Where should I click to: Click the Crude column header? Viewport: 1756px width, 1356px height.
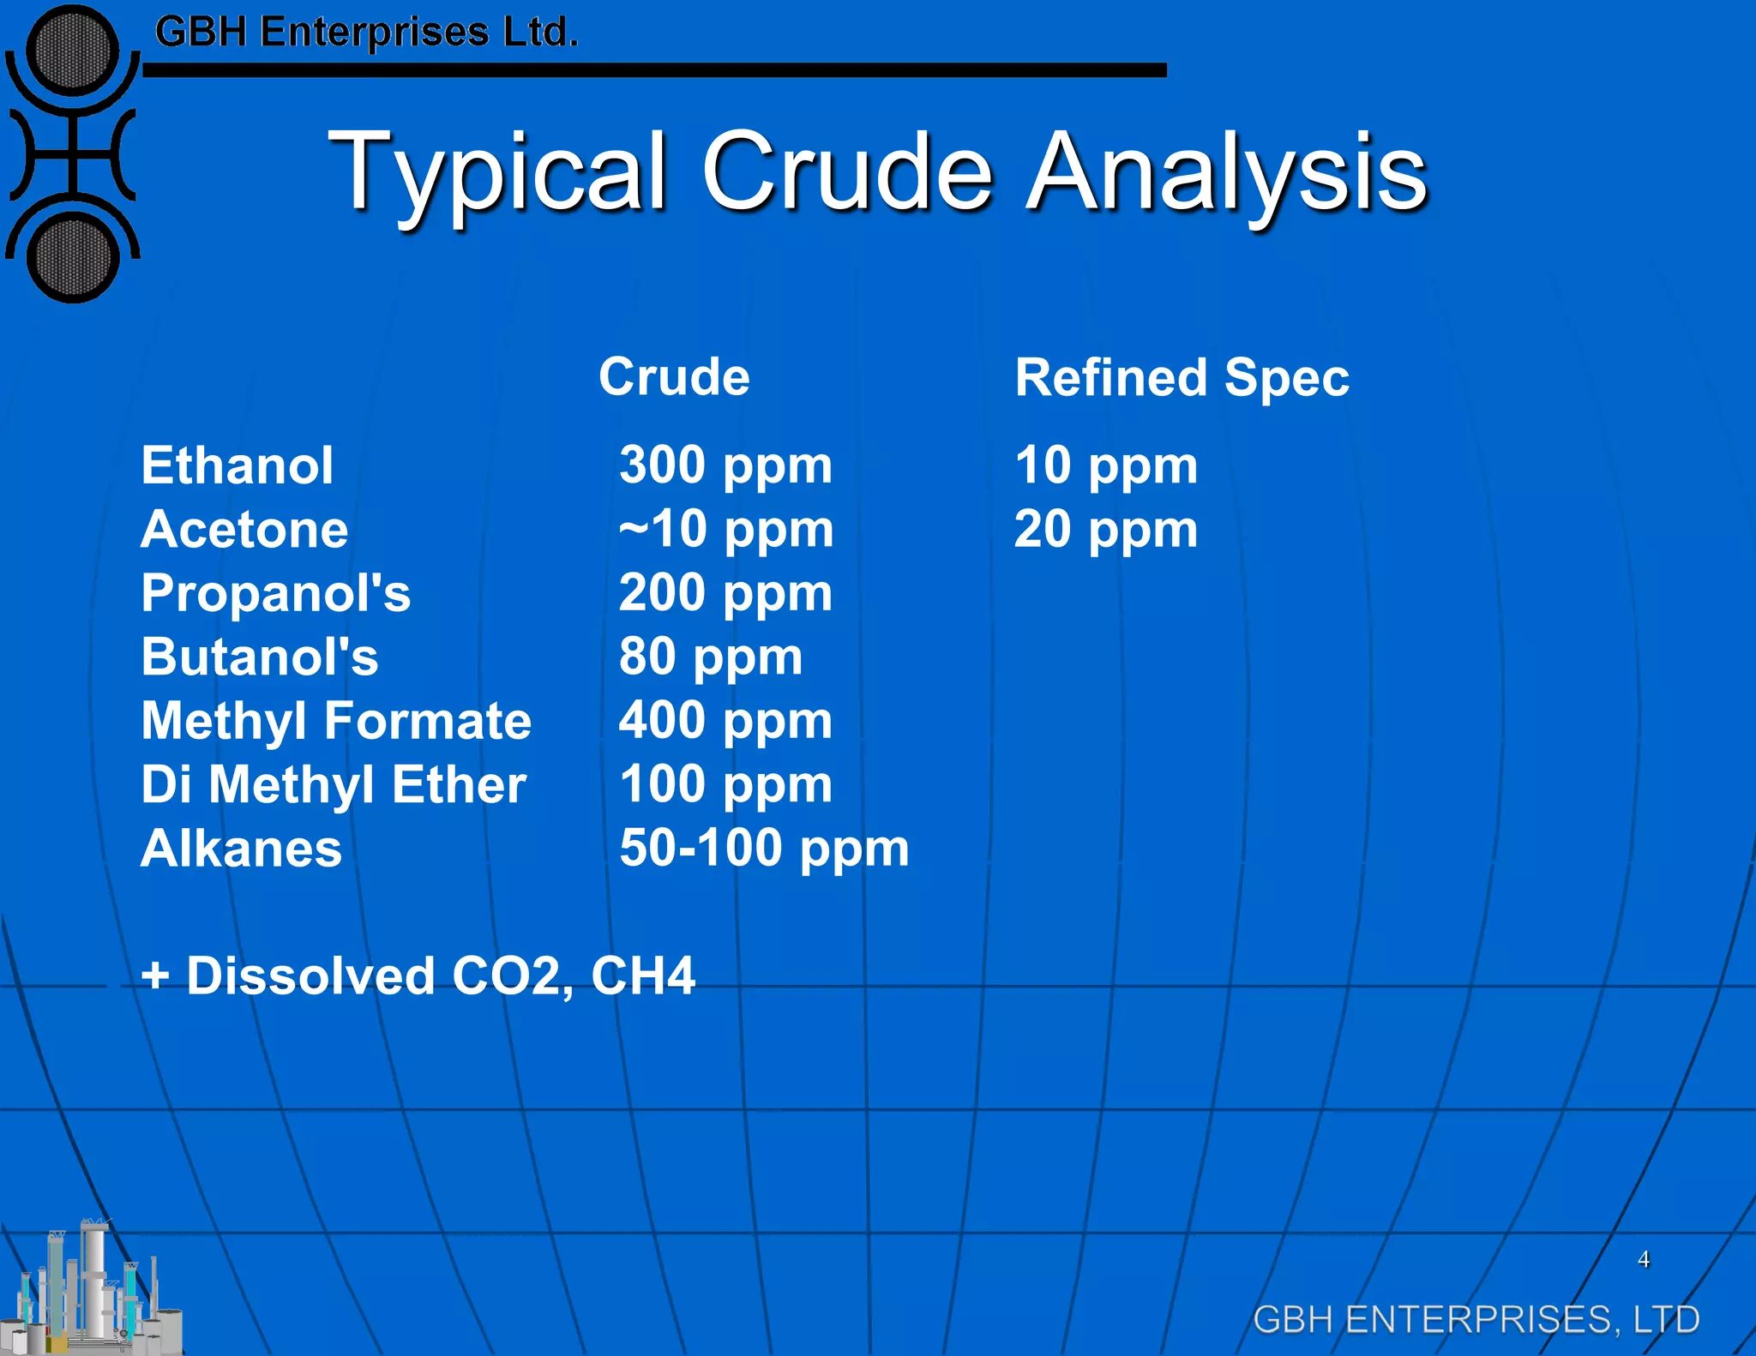pyautogui.click(x=674, y=377)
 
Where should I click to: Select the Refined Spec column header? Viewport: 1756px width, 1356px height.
pyautogui.click(x=1182, y=378)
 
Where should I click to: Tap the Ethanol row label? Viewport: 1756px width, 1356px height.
pyautogui.click(x=237, y=466)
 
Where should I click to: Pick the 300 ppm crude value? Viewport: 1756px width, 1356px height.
pyautogui.click(x=725, y=466)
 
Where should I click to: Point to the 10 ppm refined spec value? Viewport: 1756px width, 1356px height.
pyautogui.click(x=1106, y=466)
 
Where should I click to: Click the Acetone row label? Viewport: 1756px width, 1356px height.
pyautogui.click(x=244, y=530)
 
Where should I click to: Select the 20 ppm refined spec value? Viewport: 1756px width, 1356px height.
pyautogui.click(x=1106, y=530)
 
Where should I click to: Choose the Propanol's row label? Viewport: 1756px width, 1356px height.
pyautogui.click(x=275, y=593)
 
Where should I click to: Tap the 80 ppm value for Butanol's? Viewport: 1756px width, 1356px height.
pyautogui.click(x=711, y=657)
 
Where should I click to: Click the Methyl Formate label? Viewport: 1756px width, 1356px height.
pyautogui.click(x=336, y=721)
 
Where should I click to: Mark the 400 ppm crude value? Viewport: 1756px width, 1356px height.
pyautogui.click(x=725, y=721)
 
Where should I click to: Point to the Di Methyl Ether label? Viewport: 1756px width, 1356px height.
pyautogui.click(x=334, y=785)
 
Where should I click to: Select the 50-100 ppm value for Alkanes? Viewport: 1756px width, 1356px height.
pyautogui.click(x=764, y=849)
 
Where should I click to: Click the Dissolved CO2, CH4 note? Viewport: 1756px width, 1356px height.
pyautogui.click(x=418, y=976)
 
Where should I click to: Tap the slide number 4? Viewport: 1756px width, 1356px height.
pyautogui.click(x=1644, y=1259)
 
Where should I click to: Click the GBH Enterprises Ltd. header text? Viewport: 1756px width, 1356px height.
pyautogui.click(x=367, y=33)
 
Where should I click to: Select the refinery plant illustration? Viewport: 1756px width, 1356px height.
pyautogui.click(x=90, y=1290)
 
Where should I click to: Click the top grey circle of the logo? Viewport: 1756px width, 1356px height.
pyautogui.click(x=73, y=49)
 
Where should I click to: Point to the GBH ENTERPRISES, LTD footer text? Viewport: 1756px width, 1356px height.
pyautogui.click(x=1476, y=1319)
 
